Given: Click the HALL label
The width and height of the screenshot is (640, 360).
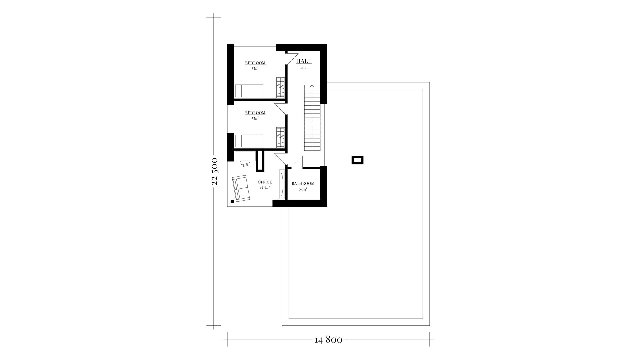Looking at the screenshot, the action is click(x=304, y=61).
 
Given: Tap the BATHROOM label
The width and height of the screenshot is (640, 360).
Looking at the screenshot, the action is click(x=303, y=184).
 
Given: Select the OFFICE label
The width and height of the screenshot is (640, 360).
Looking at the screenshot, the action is click(x=265, y=182).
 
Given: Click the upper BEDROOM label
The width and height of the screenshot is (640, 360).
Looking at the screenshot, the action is click(x=255, y=63).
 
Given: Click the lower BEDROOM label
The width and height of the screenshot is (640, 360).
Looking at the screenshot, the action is click(x=255, y=113).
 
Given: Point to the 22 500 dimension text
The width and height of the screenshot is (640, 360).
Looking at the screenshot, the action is click(x=215, y=171).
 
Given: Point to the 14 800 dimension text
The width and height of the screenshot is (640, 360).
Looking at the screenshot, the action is click(x=328, y=340).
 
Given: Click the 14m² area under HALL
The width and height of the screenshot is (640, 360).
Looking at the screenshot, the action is click(x=304, y=68).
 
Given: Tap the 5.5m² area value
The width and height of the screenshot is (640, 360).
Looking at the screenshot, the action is click(x=303, y=189).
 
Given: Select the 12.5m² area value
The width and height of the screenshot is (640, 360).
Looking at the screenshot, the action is click(x=265, y=188).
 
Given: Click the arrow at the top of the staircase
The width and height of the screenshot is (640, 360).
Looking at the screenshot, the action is click(x=312, y=86).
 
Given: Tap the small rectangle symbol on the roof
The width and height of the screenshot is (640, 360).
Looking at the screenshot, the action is click(x=357, y=160).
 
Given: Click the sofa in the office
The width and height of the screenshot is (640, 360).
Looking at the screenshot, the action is click(x=241, y=188).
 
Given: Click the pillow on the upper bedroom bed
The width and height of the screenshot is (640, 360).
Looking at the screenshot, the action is click(x=238, y=91).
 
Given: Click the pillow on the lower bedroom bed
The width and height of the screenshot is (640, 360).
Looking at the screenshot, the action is click(x=238, y=141).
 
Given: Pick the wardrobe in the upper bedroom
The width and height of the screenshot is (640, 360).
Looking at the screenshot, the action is click(x=281, y=87).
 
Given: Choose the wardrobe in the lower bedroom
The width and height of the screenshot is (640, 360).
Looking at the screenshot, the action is click(x=281, y=137).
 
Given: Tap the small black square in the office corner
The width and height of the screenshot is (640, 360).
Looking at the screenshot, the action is click(x=232, y=201).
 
